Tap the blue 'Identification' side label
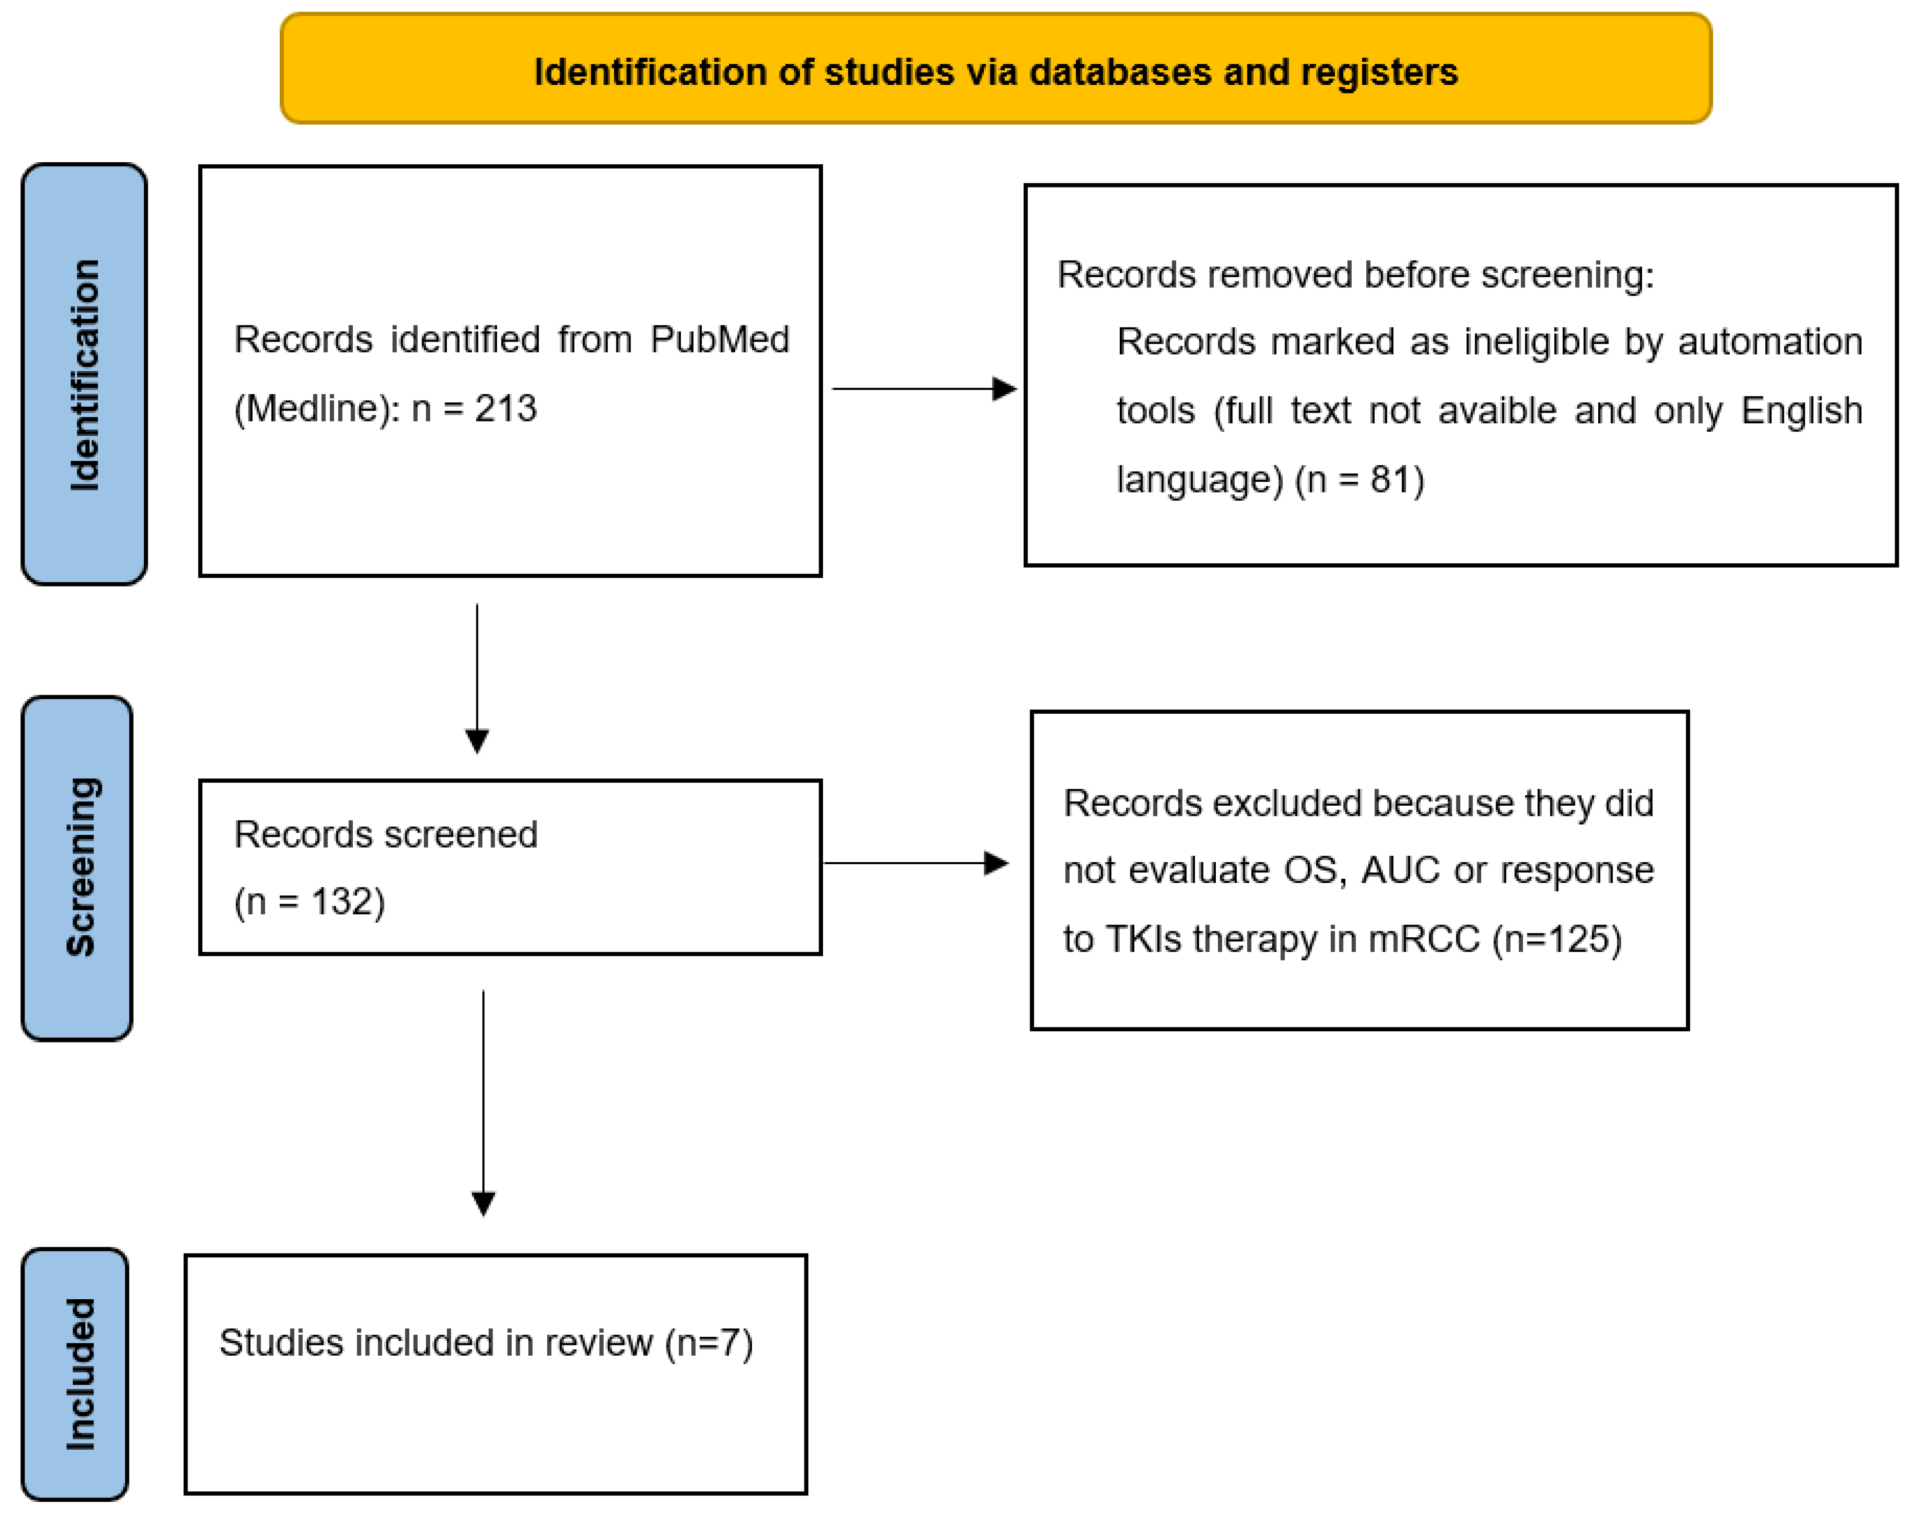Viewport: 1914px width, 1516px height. [x=84, y=375]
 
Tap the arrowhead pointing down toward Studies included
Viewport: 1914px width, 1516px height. [x=483, y=1203]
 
